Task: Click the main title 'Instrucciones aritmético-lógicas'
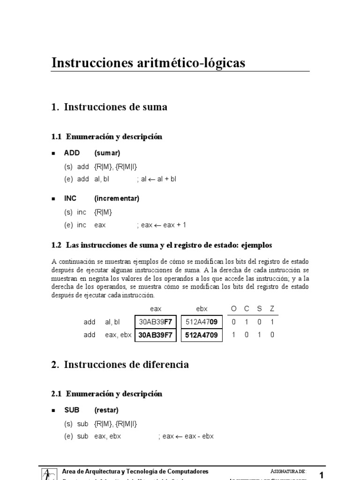tap(148, 63)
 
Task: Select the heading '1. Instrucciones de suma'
tap(109, 107)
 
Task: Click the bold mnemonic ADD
tap(72, 153)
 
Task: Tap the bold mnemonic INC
tap(70, 198)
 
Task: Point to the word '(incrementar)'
tap(117, 198)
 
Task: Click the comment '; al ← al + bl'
tap(157, 179)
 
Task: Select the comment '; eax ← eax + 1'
tap(162, 225)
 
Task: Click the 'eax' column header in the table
tap(156, 309)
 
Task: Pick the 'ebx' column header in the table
tap(201, 309)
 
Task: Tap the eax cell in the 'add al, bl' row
tap(156, 322)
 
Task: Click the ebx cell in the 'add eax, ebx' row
tap(201, 335)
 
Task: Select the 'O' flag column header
tap(234, 309)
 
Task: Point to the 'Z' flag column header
tap(272, 309)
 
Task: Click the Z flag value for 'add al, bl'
tap(272, 322)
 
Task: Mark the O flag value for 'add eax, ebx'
tap(234, 335)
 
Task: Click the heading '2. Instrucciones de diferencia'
tap(120, 364)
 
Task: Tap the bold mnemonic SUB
tap(72, 410)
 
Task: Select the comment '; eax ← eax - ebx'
tap(186, 436)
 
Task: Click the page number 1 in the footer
tap(322, 475)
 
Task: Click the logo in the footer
tap(48, 473)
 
